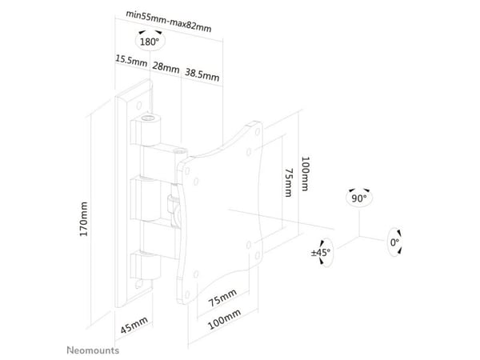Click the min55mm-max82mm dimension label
click(169, 22)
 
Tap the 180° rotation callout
click(150, 40)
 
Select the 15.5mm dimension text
click(131, 60)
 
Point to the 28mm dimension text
click(166, 66)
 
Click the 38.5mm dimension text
click(202, 74)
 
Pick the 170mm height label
click(83, 218)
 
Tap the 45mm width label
click(134, 325)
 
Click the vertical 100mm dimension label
click(305, 174)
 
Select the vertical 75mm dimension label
click(289, 182)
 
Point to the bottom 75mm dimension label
click(222, 298)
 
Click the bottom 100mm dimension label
click(224, 319)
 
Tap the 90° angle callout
click(359, 198)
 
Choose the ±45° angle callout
click(322, 253)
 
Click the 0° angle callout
click(394, 242)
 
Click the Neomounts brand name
click(93, 350)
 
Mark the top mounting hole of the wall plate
click(139, 106)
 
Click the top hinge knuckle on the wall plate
click(146, 130)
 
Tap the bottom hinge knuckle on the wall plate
click(146, 266)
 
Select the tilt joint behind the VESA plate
click(175, 206)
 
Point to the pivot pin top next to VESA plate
click(181, 151)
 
